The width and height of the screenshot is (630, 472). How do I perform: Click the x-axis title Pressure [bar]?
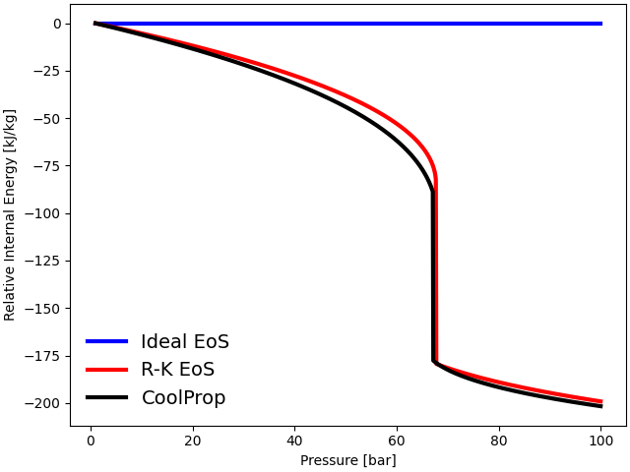(347, 459)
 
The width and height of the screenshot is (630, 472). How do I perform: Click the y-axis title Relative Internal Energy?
(11, 214)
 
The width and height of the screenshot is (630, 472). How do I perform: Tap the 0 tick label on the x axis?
(91, 440)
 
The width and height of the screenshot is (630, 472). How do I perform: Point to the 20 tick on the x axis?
(193, 440)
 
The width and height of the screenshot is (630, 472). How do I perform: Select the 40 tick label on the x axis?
(294, 440)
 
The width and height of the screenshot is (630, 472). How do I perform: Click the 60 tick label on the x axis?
(397, 440)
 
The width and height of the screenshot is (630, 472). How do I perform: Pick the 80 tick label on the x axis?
(499, 440)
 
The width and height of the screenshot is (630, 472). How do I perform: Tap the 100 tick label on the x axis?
(600, 440)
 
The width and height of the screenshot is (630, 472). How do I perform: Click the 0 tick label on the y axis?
(57, 24)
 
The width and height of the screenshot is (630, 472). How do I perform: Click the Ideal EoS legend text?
(184, 342)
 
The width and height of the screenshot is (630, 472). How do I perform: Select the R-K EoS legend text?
(177, 370)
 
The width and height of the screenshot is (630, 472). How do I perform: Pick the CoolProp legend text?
(183, 398)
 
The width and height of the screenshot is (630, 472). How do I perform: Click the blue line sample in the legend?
(107, 341)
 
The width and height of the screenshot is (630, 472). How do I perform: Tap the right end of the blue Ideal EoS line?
(600, 24)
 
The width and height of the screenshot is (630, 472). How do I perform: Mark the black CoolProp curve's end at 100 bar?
(600, 405)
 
